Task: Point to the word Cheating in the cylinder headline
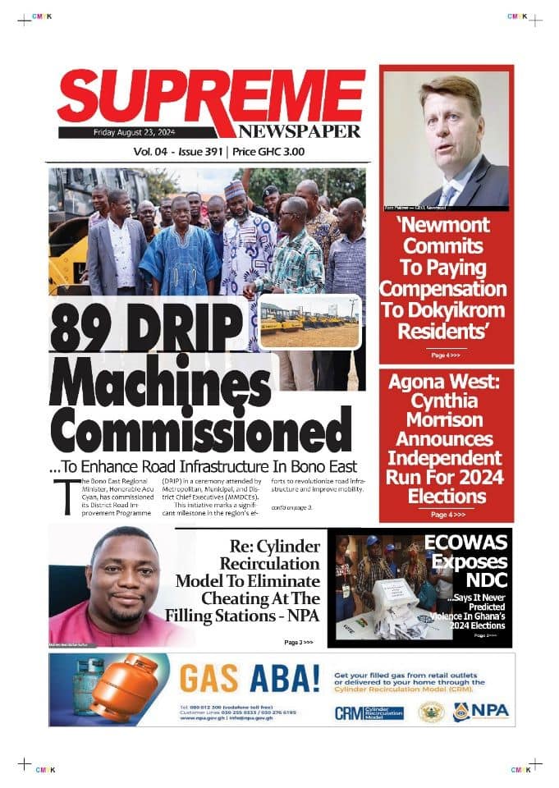[245, 598]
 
